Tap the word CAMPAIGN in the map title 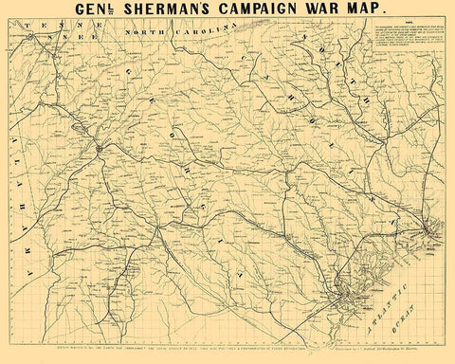click(x=281, y=16)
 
